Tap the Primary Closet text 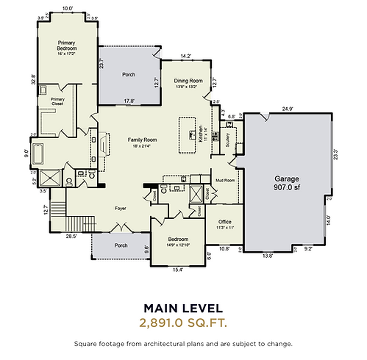58,101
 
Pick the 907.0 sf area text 287,187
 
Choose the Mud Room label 224,179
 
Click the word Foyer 121,208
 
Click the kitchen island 186,134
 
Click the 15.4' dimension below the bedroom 177,270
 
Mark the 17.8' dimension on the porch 129,101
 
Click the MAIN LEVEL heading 183,308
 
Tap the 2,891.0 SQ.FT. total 183,323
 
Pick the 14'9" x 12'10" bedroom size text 177,245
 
